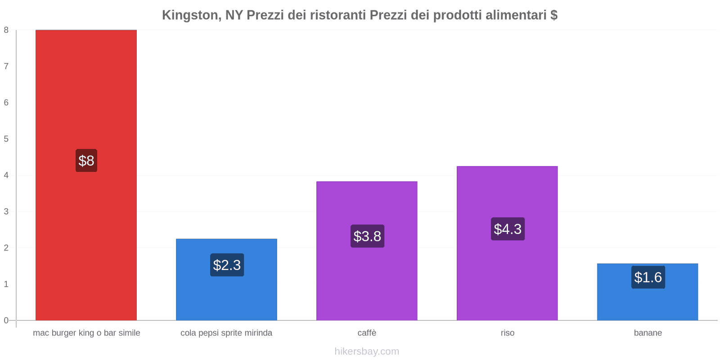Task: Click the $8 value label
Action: click(86, 161)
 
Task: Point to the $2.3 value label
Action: click(227, 265)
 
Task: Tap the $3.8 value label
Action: click(367, 236)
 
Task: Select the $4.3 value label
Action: click(508, 229)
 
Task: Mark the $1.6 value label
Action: click(648, 277)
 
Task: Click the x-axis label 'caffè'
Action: click(367, 333)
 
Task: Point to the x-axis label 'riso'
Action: click(507, 333)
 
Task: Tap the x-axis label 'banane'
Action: click(648, 333)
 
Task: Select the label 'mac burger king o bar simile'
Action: click(86, 333)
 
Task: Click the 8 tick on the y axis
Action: click(6, 30)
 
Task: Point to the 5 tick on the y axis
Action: click(6, 139)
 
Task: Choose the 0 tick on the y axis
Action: click(6, 320)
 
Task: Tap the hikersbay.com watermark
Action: click(367, 351)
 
